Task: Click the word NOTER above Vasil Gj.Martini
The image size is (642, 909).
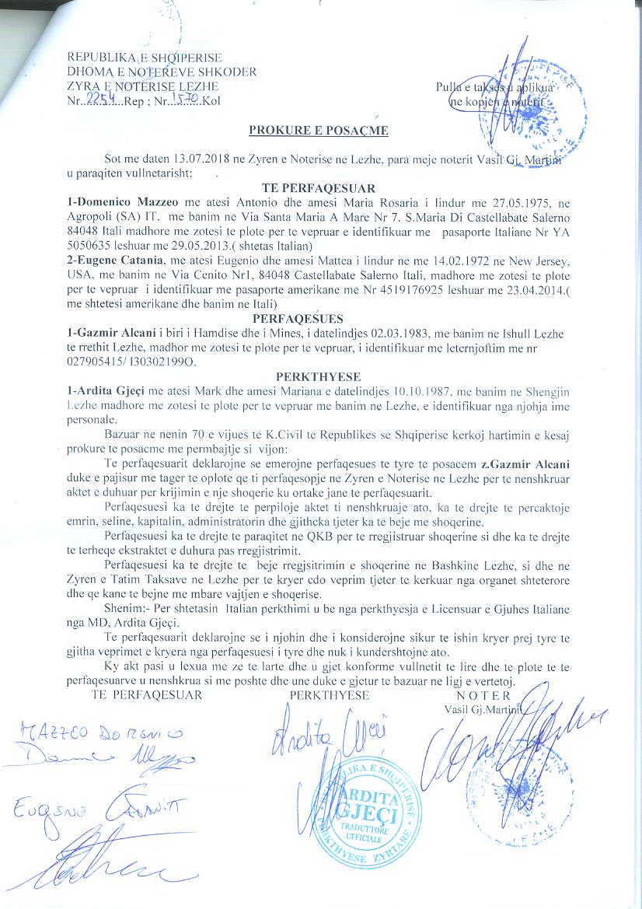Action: [x=483, y=695]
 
